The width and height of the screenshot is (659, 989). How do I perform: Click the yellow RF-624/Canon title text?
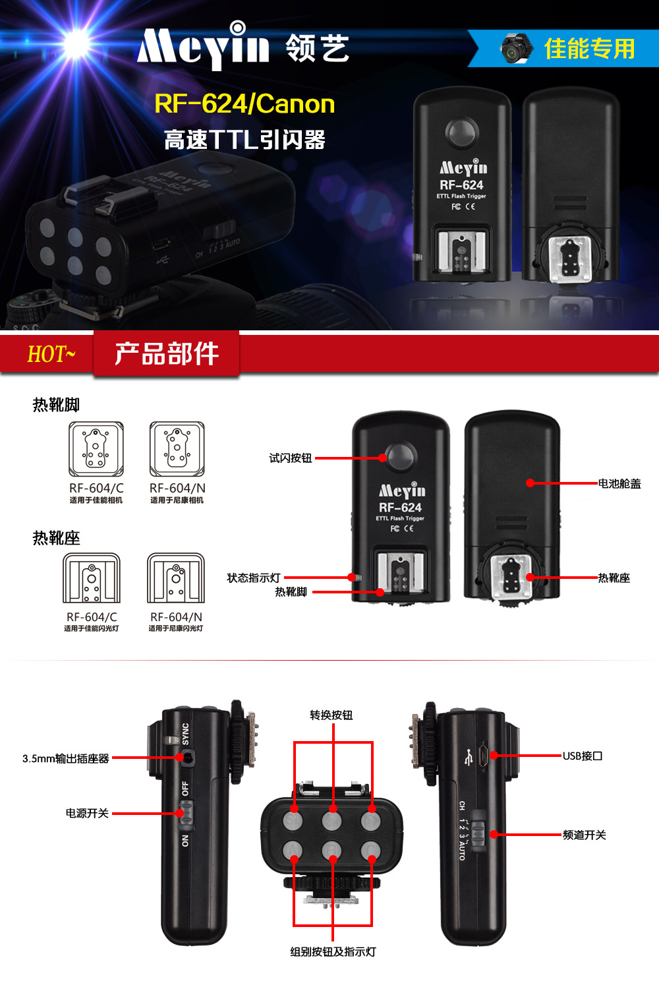coord(244,104)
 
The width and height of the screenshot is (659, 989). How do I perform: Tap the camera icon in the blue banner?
coord(515,48)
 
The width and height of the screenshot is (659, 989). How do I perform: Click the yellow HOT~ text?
coord(51,355)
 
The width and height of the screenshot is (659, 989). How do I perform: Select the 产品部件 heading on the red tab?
coord(167,354)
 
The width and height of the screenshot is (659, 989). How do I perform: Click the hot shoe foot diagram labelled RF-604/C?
coord(96,449)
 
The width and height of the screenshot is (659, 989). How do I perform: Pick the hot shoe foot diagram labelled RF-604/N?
coord(177,449)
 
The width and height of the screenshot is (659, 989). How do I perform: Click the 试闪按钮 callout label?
coord(290,458)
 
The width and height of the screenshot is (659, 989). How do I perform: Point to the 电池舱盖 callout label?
coord(619,484)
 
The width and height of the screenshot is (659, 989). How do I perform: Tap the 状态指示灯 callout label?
coord(254,578)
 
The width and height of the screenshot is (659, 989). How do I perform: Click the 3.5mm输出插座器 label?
coord(66,759)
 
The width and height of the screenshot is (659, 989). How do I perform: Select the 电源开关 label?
coord(87,814)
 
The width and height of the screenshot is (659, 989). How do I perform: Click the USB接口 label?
coord(583,756)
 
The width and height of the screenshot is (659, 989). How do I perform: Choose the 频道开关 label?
coord(584,835)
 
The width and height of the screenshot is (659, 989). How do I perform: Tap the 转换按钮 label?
coord(331,715)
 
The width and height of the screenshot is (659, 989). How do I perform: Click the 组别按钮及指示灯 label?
coord(333,952)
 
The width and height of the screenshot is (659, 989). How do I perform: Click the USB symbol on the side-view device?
coord(469,757)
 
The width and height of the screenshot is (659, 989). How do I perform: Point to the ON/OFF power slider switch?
coord(186,815)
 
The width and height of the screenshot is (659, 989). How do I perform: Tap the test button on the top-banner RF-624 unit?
coord(462,132)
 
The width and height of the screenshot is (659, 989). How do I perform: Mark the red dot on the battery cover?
coord(530,483)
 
